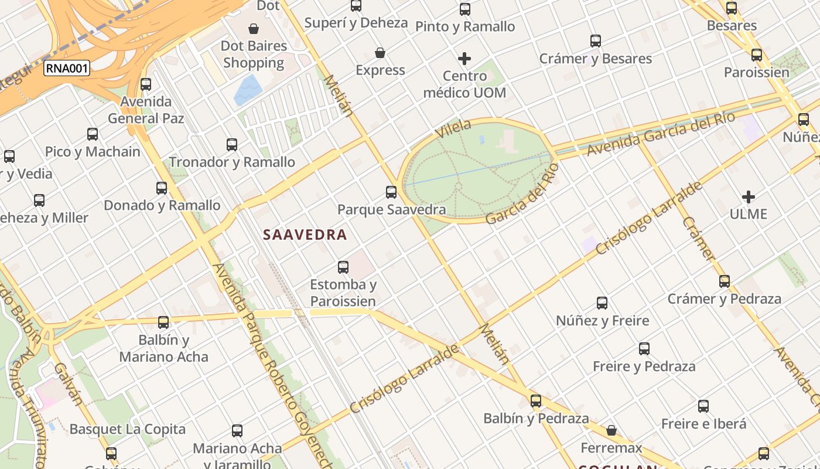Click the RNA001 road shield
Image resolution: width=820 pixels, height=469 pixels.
tap(67, 69)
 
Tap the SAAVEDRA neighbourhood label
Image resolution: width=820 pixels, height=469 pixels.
tap(305, 235)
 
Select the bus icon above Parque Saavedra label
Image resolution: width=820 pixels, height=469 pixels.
tap(391, 192)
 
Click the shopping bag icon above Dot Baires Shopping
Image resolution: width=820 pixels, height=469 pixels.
tap(254, 28)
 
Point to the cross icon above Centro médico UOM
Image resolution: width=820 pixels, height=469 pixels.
tap(464, 59)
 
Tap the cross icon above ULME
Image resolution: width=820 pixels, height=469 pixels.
tap(749, 197)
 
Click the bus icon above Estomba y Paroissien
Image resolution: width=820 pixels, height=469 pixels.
tap(343, 267)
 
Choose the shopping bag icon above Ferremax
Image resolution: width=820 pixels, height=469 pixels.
tap(611, 430)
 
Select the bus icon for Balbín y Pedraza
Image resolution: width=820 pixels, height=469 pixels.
tap(536, 401)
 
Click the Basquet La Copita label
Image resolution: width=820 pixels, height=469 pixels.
tap(127, 429)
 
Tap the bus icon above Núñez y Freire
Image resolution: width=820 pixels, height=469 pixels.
tap(602, 303)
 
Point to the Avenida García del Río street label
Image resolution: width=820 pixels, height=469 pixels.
tap(661, 134)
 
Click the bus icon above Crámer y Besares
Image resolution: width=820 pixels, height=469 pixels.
tap(596, 41)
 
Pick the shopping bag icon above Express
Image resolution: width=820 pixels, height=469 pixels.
tap(380, 53)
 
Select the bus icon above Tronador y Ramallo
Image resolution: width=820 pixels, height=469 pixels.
tap(232, 144)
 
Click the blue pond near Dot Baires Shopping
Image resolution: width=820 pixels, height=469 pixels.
tap(248, 90)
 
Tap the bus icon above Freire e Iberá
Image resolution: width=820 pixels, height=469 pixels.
tap(703, 406)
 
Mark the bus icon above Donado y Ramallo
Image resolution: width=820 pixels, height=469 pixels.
tap(162, 188)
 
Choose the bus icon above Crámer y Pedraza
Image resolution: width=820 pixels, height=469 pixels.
tap(725, 281)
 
